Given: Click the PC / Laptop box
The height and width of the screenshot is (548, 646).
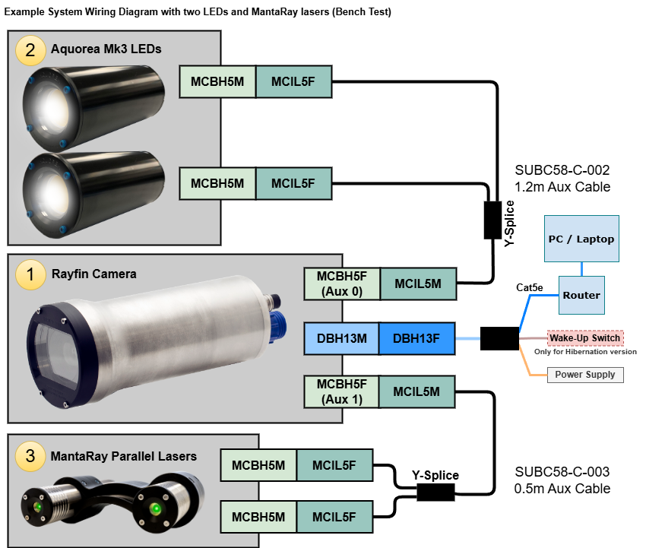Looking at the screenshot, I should point(581,239).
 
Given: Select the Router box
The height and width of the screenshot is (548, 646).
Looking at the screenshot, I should point(581,295).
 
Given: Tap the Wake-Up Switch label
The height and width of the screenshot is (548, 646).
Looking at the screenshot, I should point(584,338).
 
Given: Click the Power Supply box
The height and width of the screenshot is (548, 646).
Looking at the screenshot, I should point(584,375).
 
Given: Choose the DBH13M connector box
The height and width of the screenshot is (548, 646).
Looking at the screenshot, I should point(341,338).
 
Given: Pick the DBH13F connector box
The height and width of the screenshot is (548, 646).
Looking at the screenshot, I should point(416,338).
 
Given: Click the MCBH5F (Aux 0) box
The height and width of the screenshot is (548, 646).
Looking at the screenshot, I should point(341,284).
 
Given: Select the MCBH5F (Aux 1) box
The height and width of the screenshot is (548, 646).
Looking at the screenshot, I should point(341,391).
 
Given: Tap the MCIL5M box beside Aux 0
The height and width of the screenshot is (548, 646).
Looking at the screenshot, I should point(417,284).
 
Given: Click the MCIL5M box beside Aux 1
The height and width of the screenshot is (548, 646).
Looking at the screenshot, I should point(417,391).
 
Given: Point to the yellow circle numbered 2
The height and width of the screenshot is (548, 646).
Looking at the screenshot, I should point(30,50).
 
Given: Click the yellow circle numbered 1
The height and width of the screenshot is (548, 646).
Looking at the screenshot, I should point(30,274).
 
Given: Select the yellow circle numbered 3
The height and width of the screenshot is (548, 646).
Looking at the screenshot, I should point(30,456).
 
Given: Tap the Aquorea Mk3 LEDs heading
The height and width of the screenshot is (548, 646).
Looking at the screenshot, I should point(106,49).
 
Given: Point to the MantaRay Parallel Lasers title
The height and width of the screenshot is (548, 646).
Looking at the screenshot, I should point(123,456).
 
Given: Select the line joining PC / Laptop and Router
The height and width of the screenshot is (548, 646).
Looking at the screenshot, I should point(581,268).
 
